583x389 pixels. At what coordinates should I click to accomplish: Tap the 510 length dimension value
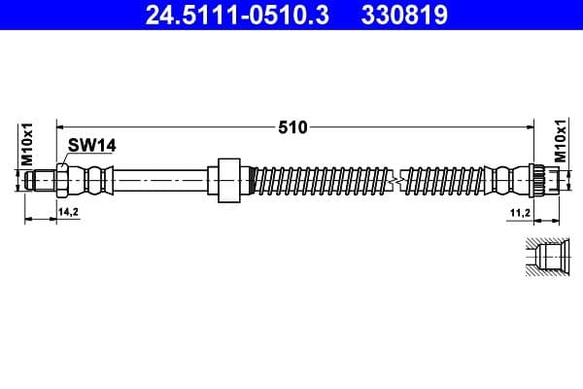[x=293, y=126]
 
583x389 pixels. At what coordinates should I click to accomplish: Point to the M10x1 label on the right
[x=559, y=141]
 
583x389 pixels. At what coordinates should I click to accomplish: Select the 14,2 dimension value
[x=68, y=210]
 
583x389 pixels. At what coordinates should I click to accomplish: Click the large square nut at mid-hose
[x=228, y=180]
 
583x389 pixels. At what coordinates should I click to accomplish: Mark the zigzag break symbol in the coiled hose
[x=394, y=180]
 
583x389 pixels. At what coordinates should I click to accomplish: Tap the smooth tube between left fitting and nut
[x=160, y=180]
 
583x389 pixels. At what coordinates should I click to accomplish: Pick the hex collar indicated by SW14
[x=63, y=180]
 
